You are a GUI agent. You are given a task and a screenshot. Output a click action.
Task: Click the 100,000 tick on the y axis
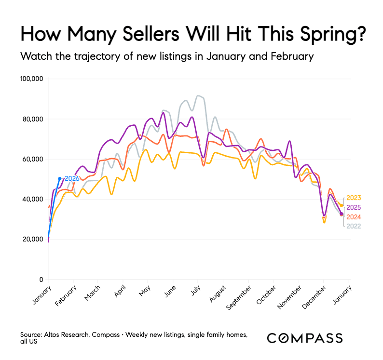coord(31,79)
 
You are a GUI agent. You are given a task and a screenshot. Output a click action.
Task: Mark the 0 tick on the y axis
coord(41,280)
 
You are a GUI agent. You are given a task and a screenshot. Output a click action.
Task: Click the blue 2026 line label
coord(72,179)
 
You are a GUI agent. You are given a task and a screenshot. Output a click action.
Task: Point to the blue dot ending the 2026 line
coord(60,179)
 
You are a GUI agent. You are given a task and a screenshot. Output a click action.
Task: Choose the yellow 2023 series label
coord(354,198)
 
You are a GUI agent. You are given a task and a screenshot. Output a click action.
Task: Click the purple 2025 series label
coord(354,208)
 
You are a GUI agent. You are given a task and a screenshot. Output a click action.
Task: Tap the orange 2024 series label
coord(354,217)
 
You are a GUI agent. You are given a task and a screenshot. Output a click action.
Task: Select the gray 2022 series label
coord(354,226)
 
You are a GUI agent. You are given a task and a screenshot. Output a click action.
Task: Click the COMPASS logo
coord(305,338)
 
